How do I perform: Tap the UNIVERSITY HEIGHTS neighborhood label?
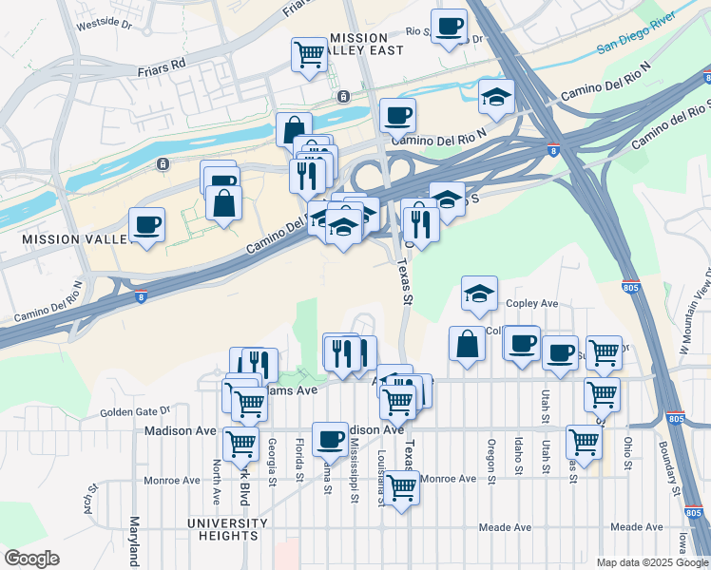coord(227,529)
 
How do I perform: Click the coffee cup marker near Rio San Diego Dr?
coord(450,26)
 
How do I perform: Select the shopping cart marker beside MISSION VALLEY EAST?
coord(309,54)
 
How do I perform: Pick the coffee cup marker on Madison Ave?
coord(330,438)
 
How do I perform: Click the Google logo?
coord(31,559)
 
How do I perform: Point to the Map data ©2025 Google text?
coord(653,562)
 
